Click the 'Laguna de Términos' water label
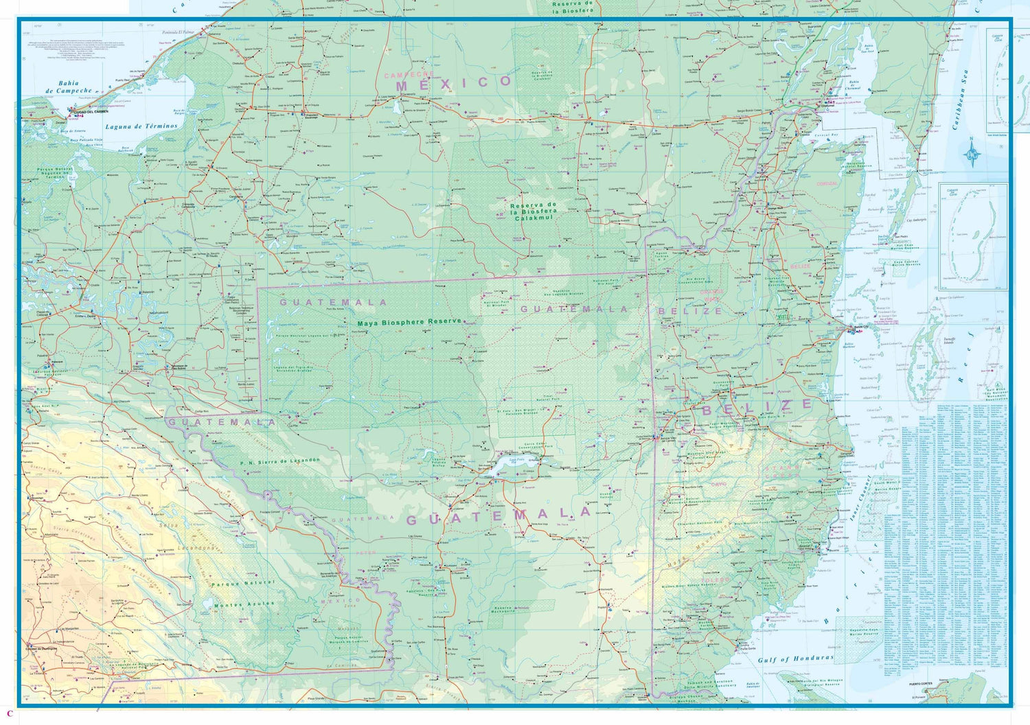141,127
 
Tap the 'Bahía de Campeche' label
68,87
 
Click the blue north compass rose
972,152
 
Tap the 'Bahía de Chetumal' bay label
852,85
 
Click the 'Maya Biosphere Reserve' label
410,322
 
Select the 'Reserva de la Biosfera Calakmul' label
534,211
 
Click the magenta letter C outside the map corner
10,713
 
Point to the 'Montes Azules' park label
244,605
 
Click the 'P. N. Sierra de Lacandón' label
280,461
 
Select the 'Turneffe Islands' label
949,341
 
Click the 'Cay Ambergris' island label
915,220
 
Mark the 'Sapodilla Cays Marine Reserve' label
864,632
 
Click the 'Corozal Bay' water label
826,135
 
